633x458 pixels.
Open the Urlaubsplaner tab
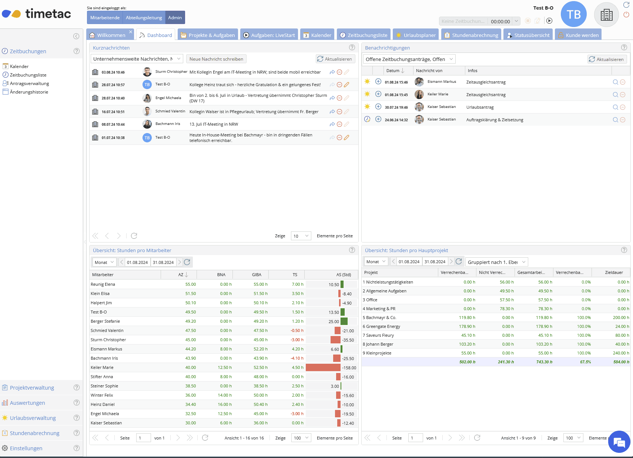click(416, 35)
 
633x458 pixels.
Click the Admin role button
click(175, 17)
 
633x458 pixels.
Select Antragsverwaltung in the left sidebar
click(29, 84)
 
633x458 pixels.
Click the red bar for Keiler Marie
click(323, 367)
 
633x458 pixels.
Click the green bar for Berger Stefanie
click(344, 321)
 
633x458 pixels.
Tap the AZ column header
click(181, 275)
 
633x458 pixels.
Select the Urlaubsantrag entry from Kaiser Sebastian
click(480, 107)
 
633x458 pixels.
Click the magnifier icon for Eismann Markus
click(615, 82)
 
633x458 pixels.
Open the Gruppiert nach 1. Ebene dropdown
click(496, 262)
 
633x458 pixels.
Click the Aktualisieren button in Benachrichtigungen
click(607, 59)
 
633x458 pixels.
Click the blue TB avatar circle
click(573, 14)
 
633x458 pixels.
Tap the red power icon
click(626, 14)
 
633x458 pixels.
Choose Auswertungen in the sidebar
click(27, 403)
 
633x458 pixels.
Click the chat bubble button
click(619, 442)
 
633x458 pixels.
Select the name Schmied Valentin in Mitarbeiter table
click(107, 330)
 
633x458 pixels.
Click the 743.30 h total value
click(544, 362)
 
